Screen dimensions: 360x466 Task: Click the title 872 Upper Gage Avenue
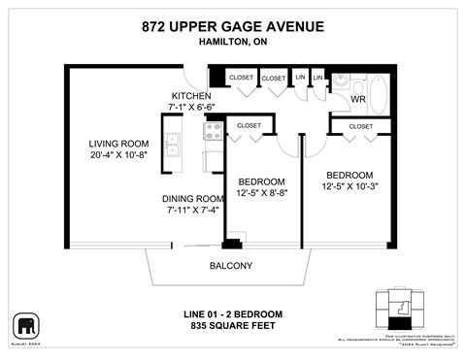point(233,27)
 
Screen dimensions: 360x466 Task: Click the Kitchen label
point(191,96)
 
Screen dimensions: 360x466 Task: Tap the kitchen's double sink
point(174,146)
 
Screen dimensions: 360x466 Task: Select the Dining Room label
point(195,198)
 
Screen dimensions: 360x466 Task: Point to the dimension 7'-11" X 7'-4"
point(195,212)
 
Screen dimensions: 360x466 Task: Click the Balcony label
point(231,266)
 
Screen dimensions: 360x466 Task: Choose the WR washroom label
point(357,99)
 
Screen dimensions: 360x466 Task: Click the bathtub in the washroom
point(378,94)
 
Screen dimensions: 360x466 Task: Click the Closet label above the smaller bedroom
point(250,126)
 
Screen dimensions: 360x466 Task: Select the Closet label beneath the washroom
point(360,126)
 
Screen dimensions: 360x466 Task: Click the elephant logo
point(25,323)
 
